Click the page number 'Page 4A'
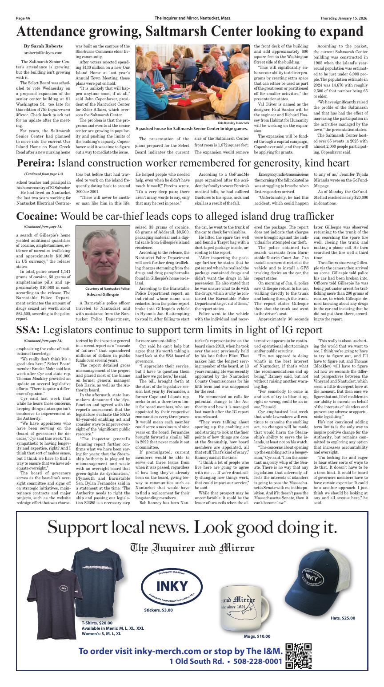click(x=23, y=18)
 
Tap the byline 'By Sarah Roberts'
click(x=43, y=46)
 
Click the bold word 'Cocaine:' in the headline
click(x=37, y=216)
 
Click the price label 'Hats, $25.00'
click(x=343, y=618)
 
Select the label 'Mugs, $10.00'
click(x=257, y=636)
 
